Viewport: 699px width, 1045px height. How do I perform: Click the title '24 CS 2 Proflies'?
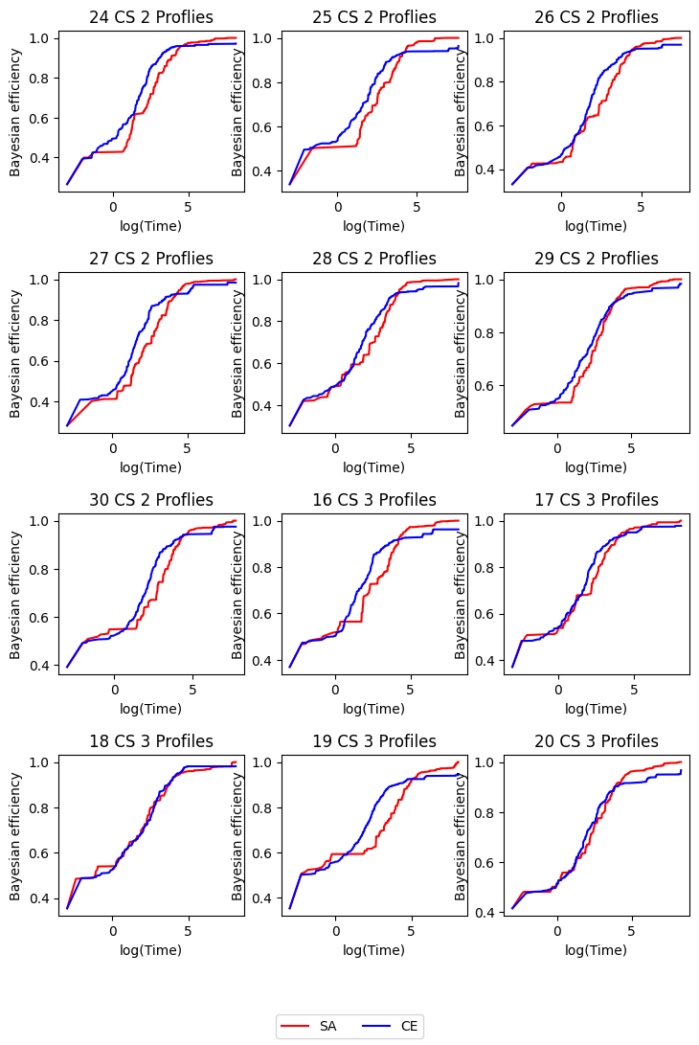(x=151, y=17)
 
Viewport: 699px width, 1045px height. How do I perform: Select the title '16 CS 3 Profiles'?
(x=374, y=500)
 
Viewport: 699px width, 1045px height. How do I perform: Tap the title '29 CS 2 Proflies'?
(x=597, y=259)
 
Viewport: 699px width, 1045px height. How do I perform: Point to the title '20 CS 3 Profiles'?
(x=597, y=741)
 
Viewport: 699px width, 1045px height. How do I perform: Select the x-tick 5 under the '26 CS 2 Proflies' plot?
(x=641, y=207)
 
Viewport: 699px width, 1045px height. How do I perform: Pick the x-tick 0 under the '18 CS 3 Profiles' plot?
(x=112, y=931)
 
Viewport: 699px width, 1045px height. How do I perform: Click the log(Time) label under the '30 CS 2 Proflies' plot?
(x=151, y=709)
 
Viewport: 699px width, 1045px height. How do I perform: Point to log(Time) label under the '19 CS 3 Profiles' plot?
(x=374, y=950)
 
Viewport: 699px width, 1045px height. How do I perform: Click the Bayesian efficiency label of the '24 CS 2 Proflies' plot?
(x=15, y=111)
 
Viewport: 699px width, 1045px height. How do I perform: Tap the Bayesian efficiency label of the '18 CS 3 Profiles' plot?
(x=15, y=835)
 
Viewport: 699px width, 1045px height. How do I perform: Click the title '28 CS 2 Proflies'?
(x=374, y=259)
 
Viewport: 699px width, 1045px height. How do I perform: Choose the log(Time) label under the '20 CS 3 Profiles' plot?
(x=597, y=950)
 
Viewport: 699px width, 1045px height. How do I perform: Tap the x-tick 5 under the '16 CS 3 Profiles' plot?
(x=411, y=690)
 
